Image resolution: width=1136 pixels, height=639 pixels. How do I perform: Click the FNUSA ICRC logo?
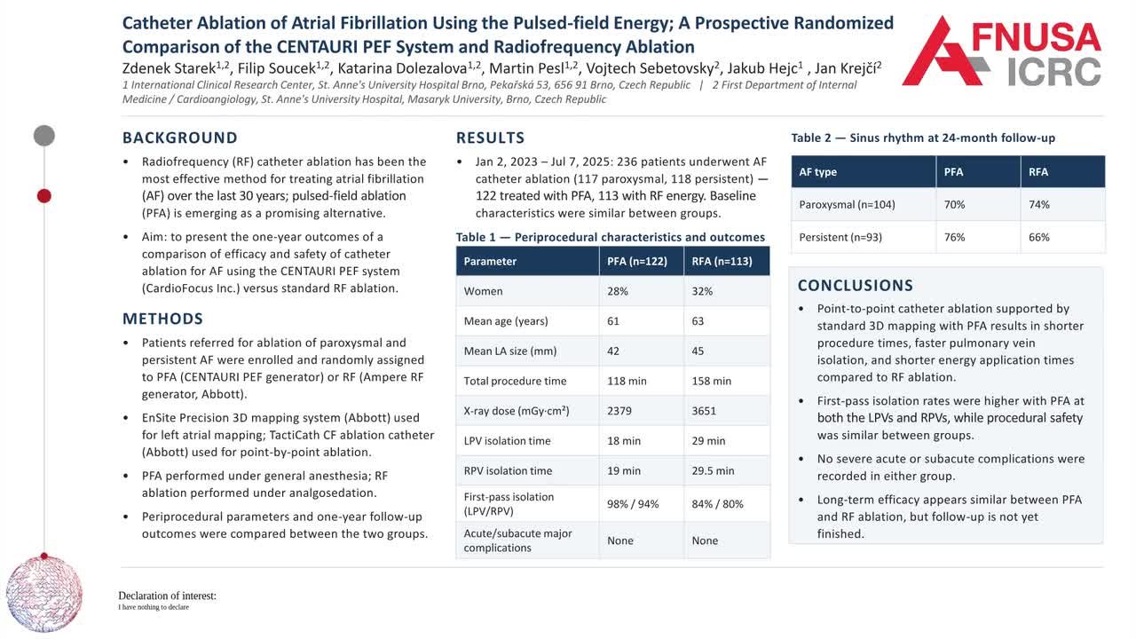(1002, 51)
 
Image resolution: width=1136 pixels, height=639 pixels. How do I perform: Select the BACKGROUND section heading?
(180, 138)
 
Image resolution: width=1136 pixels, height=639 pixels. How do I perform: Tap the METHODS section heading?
(162, 319)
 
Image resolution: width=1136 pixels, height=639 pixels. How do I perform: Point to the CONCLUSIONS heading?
(855, 286)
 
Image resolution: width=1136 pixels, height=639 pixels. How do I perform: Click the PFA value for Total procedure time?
(627, 381)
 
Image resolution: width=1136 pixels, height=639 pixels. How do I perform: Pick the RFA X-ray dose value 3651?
(704, 411)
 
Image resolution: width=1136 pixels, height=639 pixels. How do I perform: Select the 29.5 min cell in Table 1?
(713, 470)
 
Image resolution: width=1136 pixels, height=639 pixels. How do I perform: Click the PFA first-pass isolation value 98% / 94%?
(633, 504)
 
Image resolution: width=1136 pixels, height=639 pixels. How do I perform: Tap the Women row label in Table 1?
(484, 291)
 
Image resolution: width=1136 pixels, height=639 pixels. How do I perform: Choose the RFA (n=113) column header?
(722, 261)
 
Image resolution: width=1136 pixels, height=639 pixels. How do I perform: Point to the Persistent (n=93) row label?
(840, 237)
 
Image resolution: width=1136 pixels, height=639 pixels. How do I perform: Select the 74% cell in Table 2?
(1038, 204)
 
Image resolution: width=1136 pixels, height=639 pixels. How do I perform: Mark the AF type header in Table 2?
(817, 172)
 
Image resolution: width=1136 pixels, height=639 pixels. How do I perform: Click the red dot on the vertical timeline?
(44, 196)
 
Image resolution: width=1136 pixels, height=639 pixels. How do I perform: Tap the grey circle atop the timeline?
(44, 136)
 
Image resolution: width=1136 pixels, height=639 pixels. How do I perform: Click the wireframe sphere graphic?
(44, 594)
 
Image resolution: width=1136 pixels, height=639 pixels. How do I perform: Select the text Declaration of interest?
(167, 596)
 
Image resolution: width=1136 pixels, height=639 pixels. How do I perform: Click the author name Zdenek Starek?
(170, 68)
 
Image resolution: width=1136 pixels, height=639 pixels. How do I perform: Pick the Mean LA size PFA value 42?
(612, 351)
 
